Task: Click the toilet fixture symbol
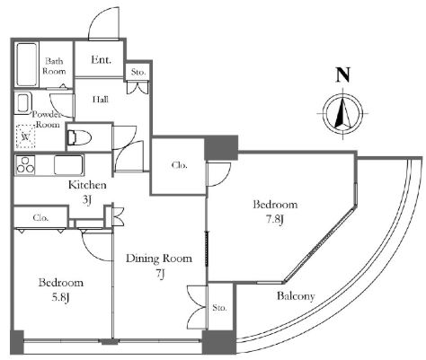79,137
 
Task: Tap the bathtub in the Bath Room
27,65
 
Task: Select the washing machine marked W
26,136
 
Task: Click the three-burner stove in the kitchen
26,164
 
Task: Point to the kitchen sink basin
68,164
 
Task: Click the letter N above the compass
343,75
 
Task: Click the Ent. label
101,59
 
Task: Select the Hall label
101,100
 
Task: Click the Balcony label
296,296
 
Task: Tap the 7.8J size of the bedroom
275,219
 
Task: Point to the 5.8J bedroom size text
60,297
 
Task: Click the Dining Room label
159,259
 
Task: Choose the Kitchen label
87,185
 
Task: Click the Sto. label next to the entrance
138,72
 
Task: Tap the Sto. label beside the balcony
219,307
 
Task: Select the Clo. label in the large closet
180,165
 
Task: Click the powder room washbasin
23,103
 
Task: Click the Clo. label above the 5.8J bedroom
40,217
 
